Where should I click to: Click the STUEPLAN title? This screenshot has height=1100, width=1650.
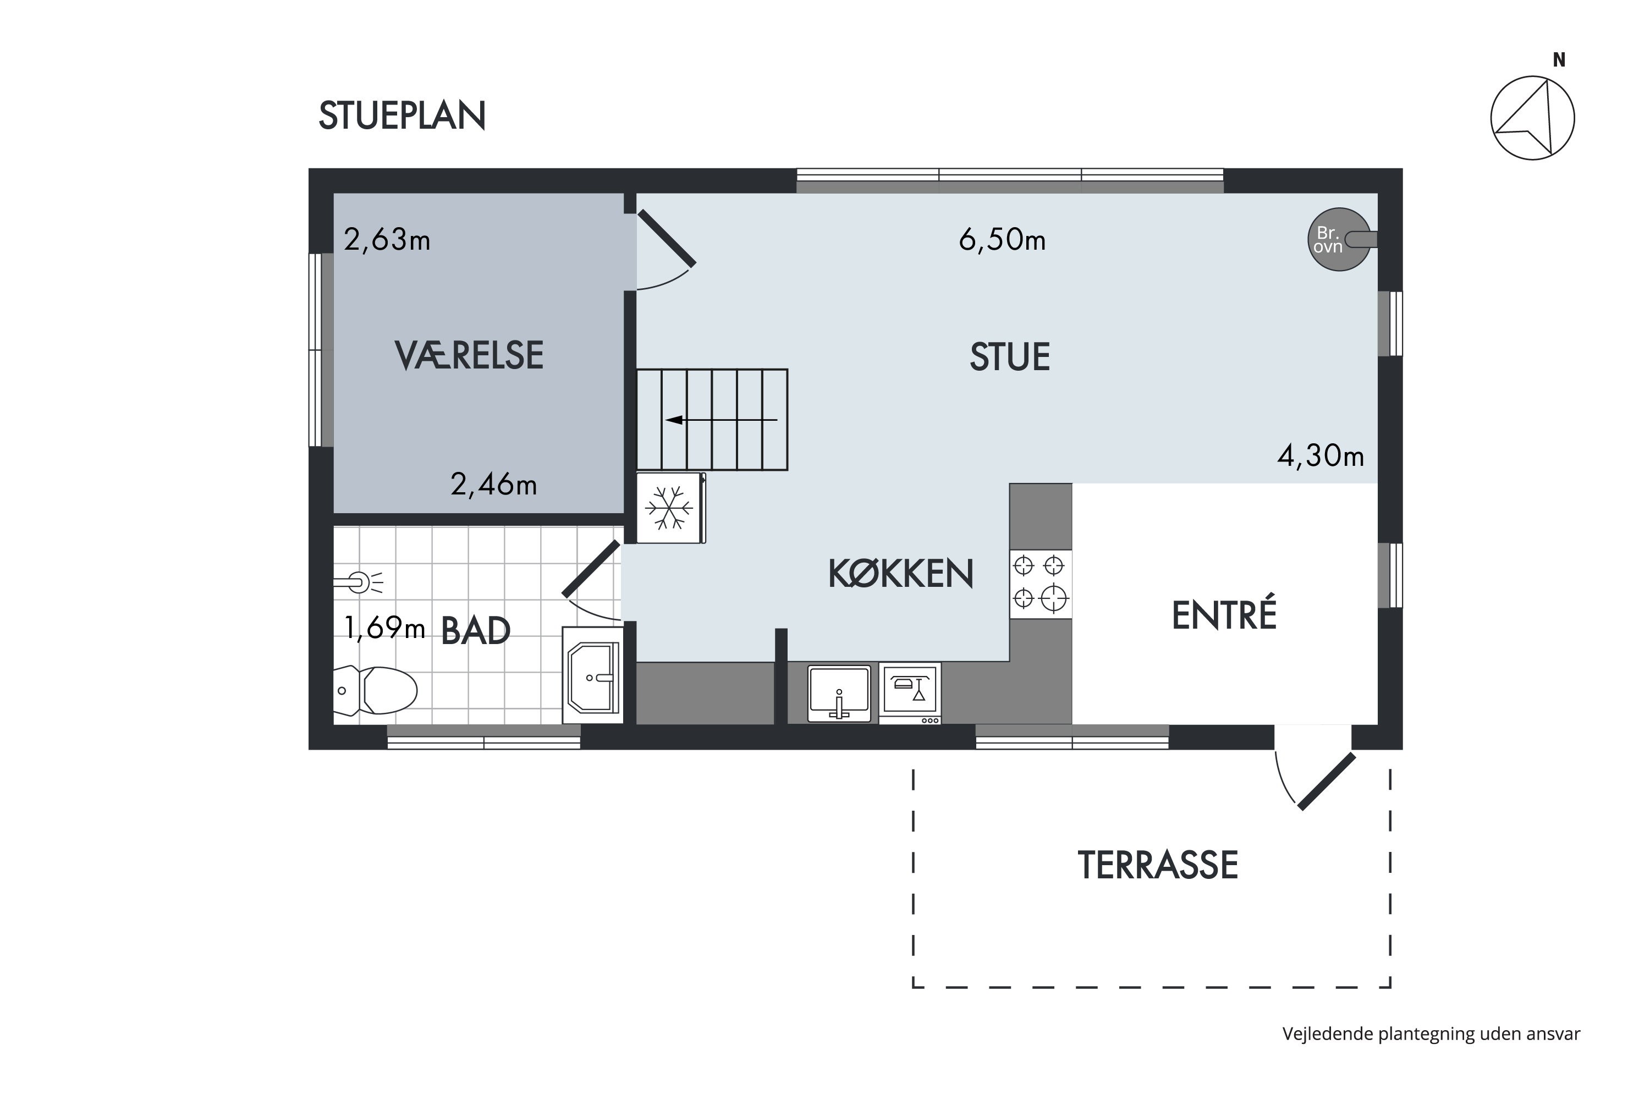(402, 116)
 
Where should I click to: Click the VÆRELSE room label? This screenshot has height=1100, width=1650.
(469, 355)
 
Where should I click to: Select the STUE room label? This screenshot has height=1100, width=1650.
(1009, 357)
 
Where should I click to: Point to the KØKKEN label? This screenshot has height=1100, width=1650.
(901, 574)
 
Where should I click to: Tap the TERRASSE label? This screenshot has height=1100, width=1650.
(1158, 865)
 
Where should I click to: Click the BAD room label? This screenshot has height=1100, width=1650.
(475, 631)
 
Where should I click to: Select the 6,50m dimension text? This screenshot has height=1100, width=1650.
(1002, 240)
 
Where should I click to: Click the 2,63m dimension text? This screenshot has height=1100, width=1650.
(387, 240)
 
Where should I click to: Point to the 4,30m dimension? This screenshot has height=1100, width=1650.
(1321, 456)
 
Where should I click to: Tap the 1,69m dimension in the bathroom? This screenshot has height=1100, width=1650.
(384, 628)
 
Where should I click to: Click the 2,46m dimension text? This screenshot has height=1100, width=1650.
(493, 485)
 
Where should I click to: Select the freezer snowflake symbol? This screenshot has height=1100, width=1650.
(669, 508)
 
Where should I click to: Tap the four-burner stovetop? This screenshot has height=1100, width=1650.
(1041, 584)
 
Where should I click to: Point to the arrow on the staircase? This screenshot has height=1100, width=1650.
(721, 420)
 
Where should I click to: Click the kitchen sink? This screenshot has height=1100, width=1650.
(839, 694)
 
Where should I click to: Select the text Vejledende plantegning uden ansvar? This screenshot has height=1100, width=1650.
(1431, 1034)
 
